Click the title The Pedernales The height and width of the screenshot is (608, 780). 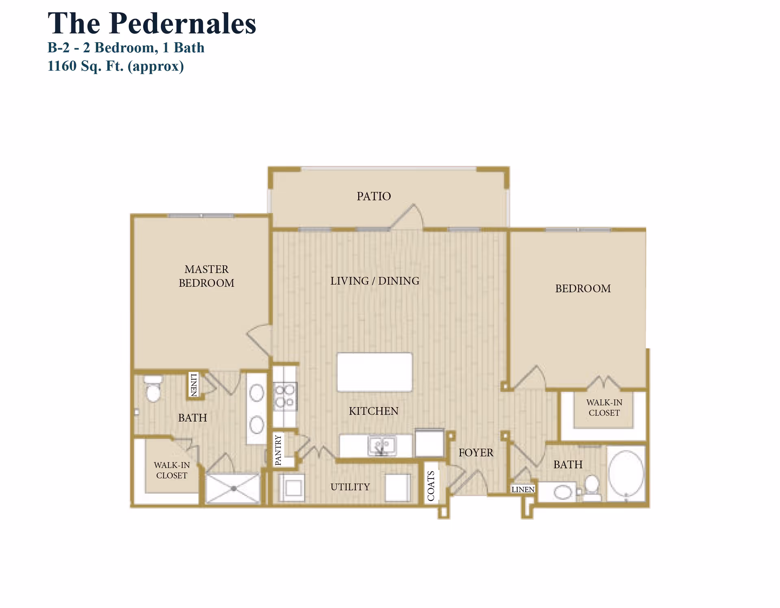[152, 24]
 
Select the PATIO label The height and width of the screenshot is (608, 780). [374, 196]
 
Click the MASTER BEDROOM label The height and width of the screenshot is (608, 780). [206, 276]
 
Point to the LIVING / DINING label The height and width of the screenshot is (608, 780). [375, 281]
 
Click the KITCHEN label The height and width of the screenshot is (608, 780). [373, 411]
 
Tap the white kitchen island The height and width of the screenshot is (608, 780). [375, 372]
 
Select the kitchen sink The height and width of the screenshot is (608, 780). [381, 446]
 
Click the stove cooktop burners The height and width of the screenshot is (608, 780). [285, 396]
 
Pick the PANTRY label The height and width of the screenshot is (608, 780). [278, 450]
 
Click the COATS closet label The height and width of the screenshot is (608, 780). [431, 486]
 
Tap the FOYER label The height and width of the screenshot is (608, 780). [476, 453]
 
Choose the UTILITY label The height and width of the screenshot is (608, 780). [350, 487]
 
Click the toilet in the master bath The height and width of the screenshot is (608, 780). [153, 389]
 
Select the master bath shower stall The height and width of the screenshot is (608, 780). [233, 488]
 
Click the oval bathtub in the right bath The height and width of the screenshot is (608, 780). [626, 473]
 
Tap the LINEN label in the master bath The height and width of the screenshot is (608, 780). [194, 384]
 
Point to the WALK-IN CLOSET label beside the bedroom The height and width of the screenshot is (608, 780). [604, 407]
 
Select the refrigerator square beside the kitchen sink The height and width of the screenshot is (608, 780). [429, 443]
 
